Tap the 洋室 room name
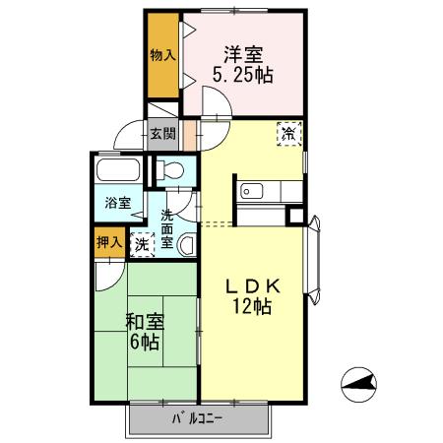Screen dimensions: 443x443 [x=242, y=53]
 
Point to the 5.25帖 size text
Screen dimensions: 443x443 [x=242, y=74]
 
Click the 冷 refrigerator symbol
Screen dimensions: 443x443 [x=289, y=132]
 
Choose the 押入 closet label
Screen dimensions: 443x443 [x=109, y=241]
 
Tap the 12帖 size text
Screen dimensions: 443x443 [x=253, y=307]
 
